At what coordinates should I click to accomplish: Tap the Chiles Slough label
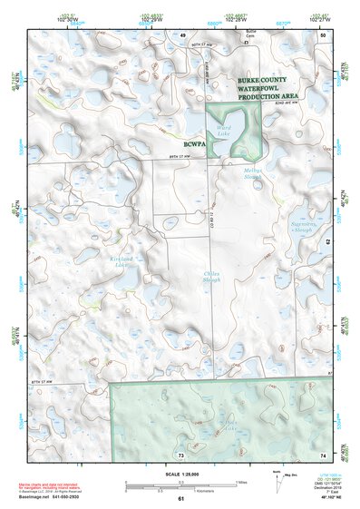tap(187, 277)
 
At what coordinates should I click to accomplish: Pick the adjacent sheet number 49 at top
tap(181, 34)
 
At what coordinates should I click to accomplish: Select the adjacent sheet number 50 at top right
tap(324, 34)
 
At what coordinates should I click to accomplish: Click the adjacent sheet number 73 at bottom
tap(180, 453)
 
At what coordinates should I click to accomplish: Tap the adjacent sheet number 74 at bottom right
tap(323, 453)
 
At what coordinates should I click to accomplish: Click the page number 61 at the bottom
tap(180, 498)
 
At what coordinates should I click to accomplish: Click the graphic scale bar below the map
tap(180, 486)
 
